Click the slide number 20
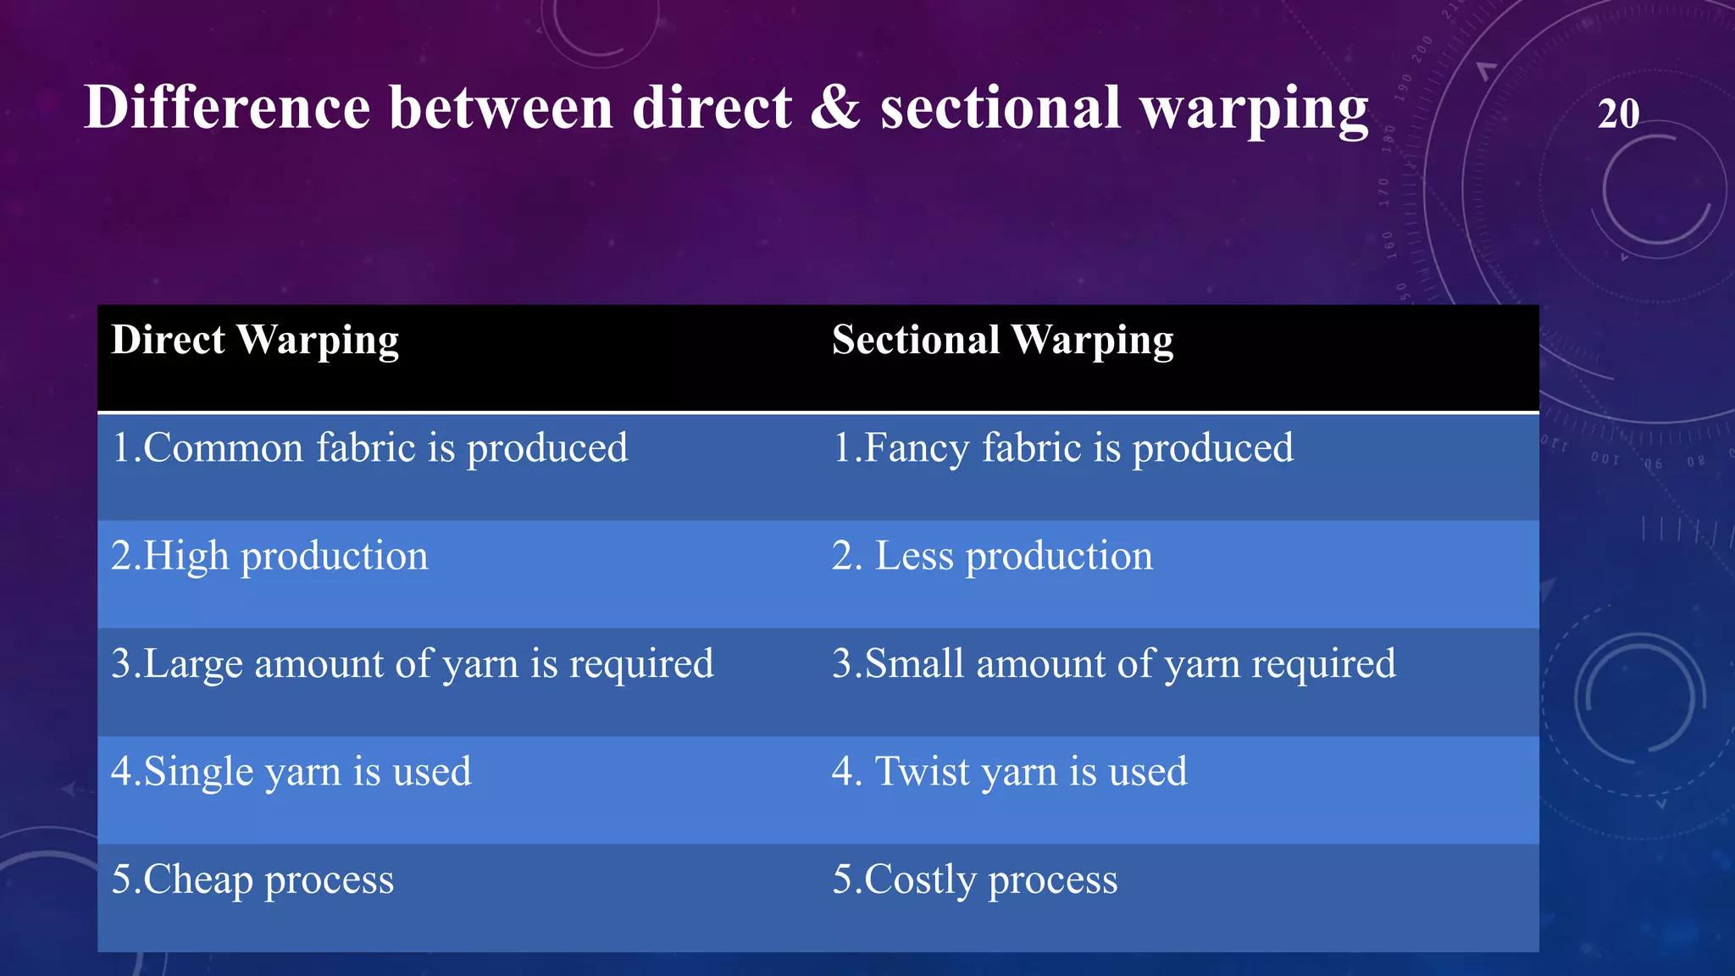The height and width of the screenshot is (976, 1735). [x=1618, y=114]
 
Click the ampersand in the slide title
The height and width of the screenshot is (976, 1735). [x=834, y=108]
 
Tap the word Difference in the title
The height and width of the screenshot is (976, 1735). [x=227, y=108]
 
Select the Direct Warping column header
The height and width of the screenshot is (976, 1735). [x=255, y=341]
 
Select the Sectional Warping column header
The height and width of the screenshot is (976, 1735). [x=1002, y=341]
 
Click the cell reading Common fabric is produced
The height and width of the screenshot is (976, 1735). [x=369, y=448]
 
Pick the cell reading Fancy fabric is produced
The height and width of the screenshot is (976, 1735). [x=1062, y=448]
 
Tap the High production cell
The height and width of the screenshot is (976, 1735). [x=269, y=557]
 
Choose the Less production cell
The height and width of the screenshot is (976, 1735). [x=992, y=557]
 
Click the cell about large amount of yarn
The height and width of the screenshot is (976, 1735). [x=412, y=664]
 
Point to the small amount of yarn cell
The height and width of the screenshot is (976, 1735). [x=1113, y=664]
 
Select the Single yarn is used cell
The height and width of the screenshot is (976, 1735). [x=291, y=772]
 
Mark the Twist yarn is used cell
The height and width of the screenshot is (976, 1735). [x=1009, y=772]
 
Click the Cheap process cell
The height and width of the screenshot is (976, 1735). [x=252, y=879]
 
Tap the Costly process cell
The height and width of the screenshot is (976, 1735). [x=974, y=879]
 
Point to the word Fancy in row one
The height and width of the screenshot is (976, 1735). [x=916, y=449]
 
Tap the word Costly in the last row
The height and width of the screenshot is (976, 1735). [x=920, y=879]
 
